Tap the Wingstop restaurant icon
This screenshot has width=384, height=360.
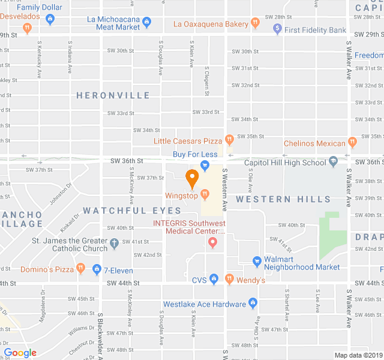(x=205, y=194)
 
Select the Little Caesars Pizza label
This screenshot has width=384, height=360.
(x=188, y=142)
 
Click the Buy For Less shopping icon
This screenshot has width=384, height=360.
(x=205, y=165)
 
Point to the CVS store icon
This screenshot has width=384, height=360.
(x=216, y=280)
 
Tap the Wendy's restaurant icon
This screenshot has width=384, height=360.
(x=229, y=280)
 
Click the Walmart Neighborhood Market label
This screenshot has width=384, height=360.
(x=302, y=263)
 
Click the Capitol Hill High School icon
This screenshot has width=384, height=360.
(x=333, y=162)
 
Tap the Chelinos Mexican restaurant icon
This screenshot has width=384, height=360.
(x=352, y=143)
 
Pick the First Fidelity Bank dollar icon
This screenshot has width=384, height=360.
(x=277, y=28)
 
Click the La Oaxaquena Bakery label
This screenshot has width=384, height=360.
(x=211, y=24)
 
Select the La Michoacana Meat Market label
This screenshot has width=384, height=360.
(x=113, y=23)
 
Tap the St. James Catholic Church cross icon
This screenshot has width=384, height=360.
(x=115, y=245)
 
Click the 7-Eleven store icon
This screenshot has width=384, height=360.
(x=97, y=269)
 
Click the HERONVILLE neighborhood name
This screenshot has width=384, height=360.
(x=113, y=95)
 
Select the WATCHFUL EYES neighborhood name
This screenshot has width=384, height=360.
(x=132, y=211)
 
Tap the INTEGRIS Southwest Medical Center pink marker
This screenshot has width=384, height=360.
(x=212, y=242)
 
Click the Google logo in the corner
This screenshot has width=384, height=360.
(x=20, y=353)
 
